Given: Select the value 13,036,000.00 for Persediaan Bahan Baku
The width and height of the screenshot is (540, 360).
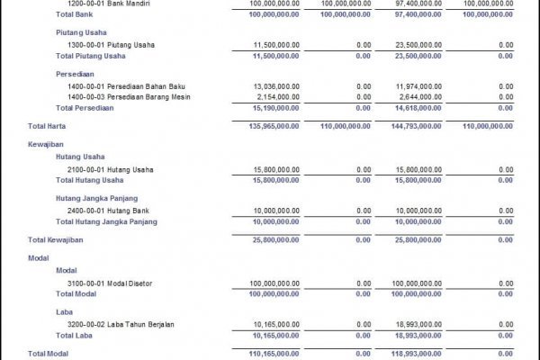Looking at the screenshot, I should [x=270, y=86].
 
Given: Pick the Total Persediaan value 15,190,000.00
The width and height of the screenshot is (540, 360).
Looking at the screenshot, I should [x=270, y=106].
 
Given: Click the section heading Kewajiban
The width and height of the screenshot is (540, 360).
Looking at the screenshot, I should [x=46, y=143].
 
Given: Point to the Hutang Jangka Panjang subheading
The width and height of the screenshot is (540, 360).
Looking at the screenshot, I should [x=95, y=197].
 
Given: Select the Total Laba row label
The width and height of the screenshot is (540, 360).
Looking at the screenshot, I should [x=75, y=335].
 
